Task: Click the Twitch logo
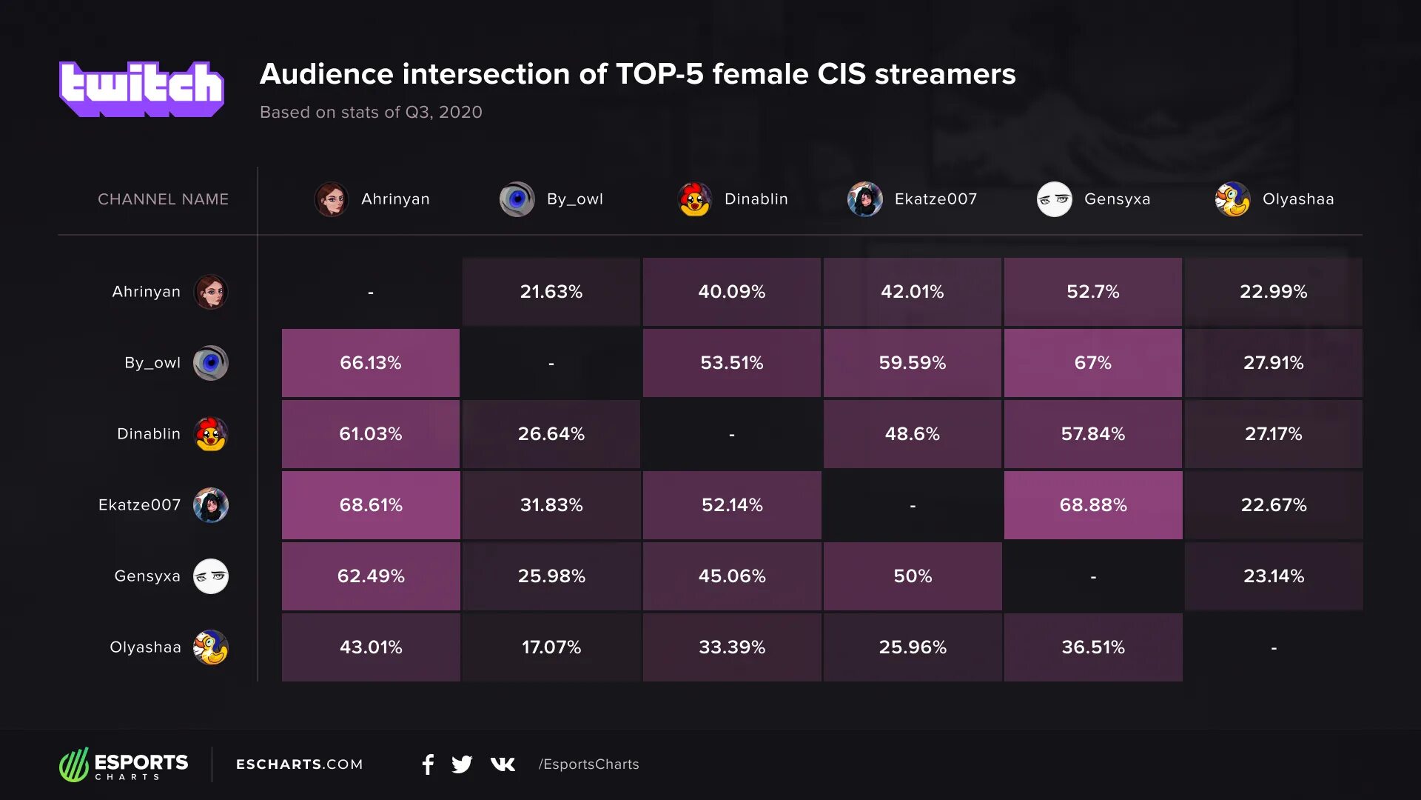point(141,89)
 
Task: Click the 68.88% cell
point(1093,505)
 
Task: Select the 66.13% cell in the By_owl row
point(370,363)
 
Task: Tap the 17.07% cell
point(551,647)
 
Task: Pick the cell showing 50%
point(913,576)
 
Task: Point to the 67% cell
point(1093,363)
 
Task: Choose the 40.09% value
point(731,292)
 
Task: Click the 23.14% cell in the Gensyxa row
point(1273,576)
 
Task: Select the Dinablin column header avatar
point(694,199)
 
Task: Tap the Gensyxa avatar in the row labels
point(211,576)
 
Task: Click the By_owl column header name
point(574,199)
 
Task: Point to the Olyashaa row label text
point(145,647)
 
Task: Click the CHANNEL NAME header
point(163,199)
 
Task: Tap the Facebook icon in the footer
point(428,764)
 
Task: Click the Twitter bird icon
point(462,764)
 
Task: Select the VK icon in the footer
point(503,764)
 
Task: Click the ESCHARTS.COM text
point(300,764)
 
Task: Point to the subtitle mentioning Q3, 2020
point(371,112)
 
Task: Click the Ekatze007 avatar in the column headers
point(864,199)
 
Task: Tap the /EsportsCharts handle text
point(588,764)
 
